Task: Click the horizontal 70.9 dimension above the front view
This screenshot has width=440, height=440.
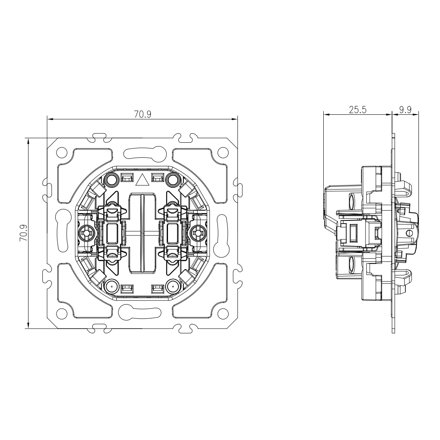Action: tap(142, 115)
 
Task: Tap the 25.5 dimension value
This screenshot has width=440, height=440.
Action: tap(357, 110)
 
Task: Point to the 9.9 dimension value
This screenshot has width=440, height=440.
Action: tap(405, 110)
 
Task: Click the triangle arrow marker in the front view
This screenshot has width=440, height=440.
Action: tap(142, 179)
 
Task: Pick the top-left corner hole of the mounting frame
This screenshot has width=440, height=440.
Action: tap(61, 152)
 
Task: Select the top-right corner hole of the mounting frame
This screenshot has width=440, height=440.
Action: tap(223, 152)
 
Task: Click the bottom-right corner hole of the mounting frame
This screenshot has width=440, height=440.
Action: tap(223, 314)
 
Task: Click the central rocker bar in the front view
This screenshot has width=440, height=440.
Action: tap(142, 233)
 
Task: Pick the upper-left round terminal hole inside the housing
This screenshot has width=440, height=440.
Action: tap(111, 179)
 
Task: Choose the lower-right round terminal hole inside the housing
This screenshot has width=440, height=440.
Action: tap(173, 287)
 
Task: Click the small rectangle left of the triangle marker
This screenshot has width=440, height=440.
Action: tap(127, 178)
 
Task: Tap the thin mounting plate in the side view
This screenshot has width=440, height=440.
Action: tap(393, 233)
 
